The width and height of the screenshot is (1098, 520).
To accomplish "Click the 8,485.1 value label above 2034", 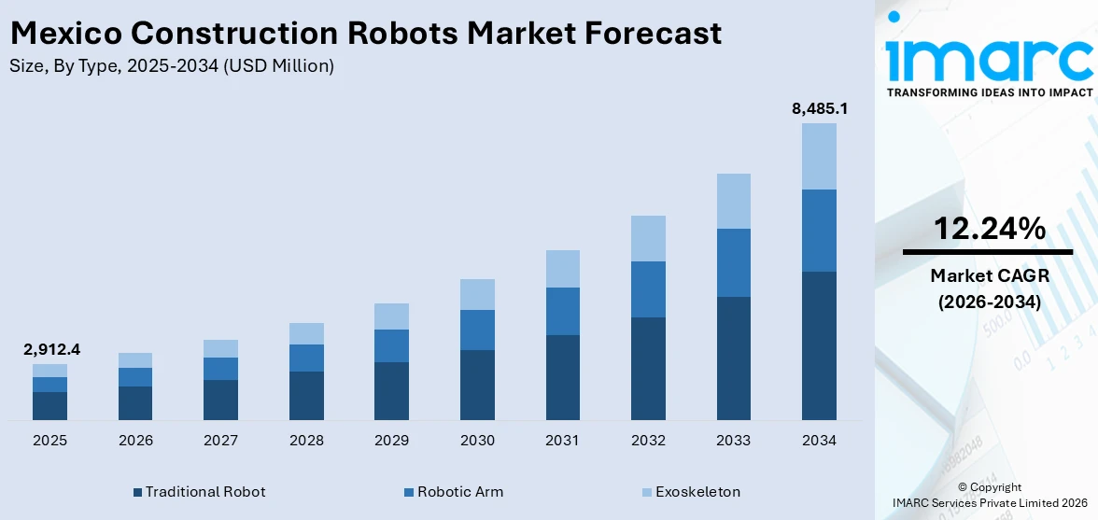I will click(x=819, y=108).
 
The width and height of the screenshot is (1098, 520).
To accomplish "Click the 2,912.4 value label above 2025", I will click(x=50, y=349).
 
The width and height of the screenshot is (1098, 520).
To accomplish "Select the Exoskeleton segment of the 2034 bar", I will click(x=819, y=156).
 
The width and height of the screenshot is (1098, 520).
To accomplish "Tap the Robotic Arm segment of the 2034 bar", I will click(x=819, y=231).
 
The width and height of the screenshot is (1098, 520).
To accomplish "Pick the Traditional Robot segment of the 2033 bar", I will click(x=733, y=358).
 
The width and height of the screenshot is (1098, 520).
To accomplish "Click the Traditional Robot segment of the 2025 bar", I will click(x=50, y=406).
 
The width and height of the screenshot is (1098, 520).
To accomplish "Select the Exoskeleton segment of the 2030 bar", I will click(x=477, y=294).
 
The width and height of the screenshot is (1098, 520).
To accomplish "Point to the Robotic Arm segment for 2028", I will click(x=306, y=358).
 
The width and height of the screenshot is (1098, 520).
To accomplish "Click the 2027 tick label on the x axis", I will click(x=221, y=440).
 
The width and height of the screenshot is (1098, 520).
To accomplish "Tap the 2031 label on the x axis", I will click(x=563, y=440).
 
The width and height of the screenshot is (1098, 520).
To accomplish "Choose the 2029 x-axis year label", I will click(x=392, y=440).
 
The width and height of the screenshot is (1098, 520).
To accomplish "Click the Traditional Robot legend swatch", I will click(x=138, y=492).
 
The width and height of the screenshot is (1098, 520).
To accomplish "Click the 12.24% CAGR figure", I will click(x=988, y=229).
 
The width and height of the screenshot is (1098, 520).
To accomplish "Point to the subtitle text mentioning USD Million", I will click(x=172, y=65).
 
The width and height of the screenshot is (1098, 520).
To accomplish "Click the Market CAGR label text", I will click(x=988, y=275).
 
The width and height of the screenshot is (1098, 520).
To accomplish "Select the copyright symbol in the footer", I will click(x=963, y=487).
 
